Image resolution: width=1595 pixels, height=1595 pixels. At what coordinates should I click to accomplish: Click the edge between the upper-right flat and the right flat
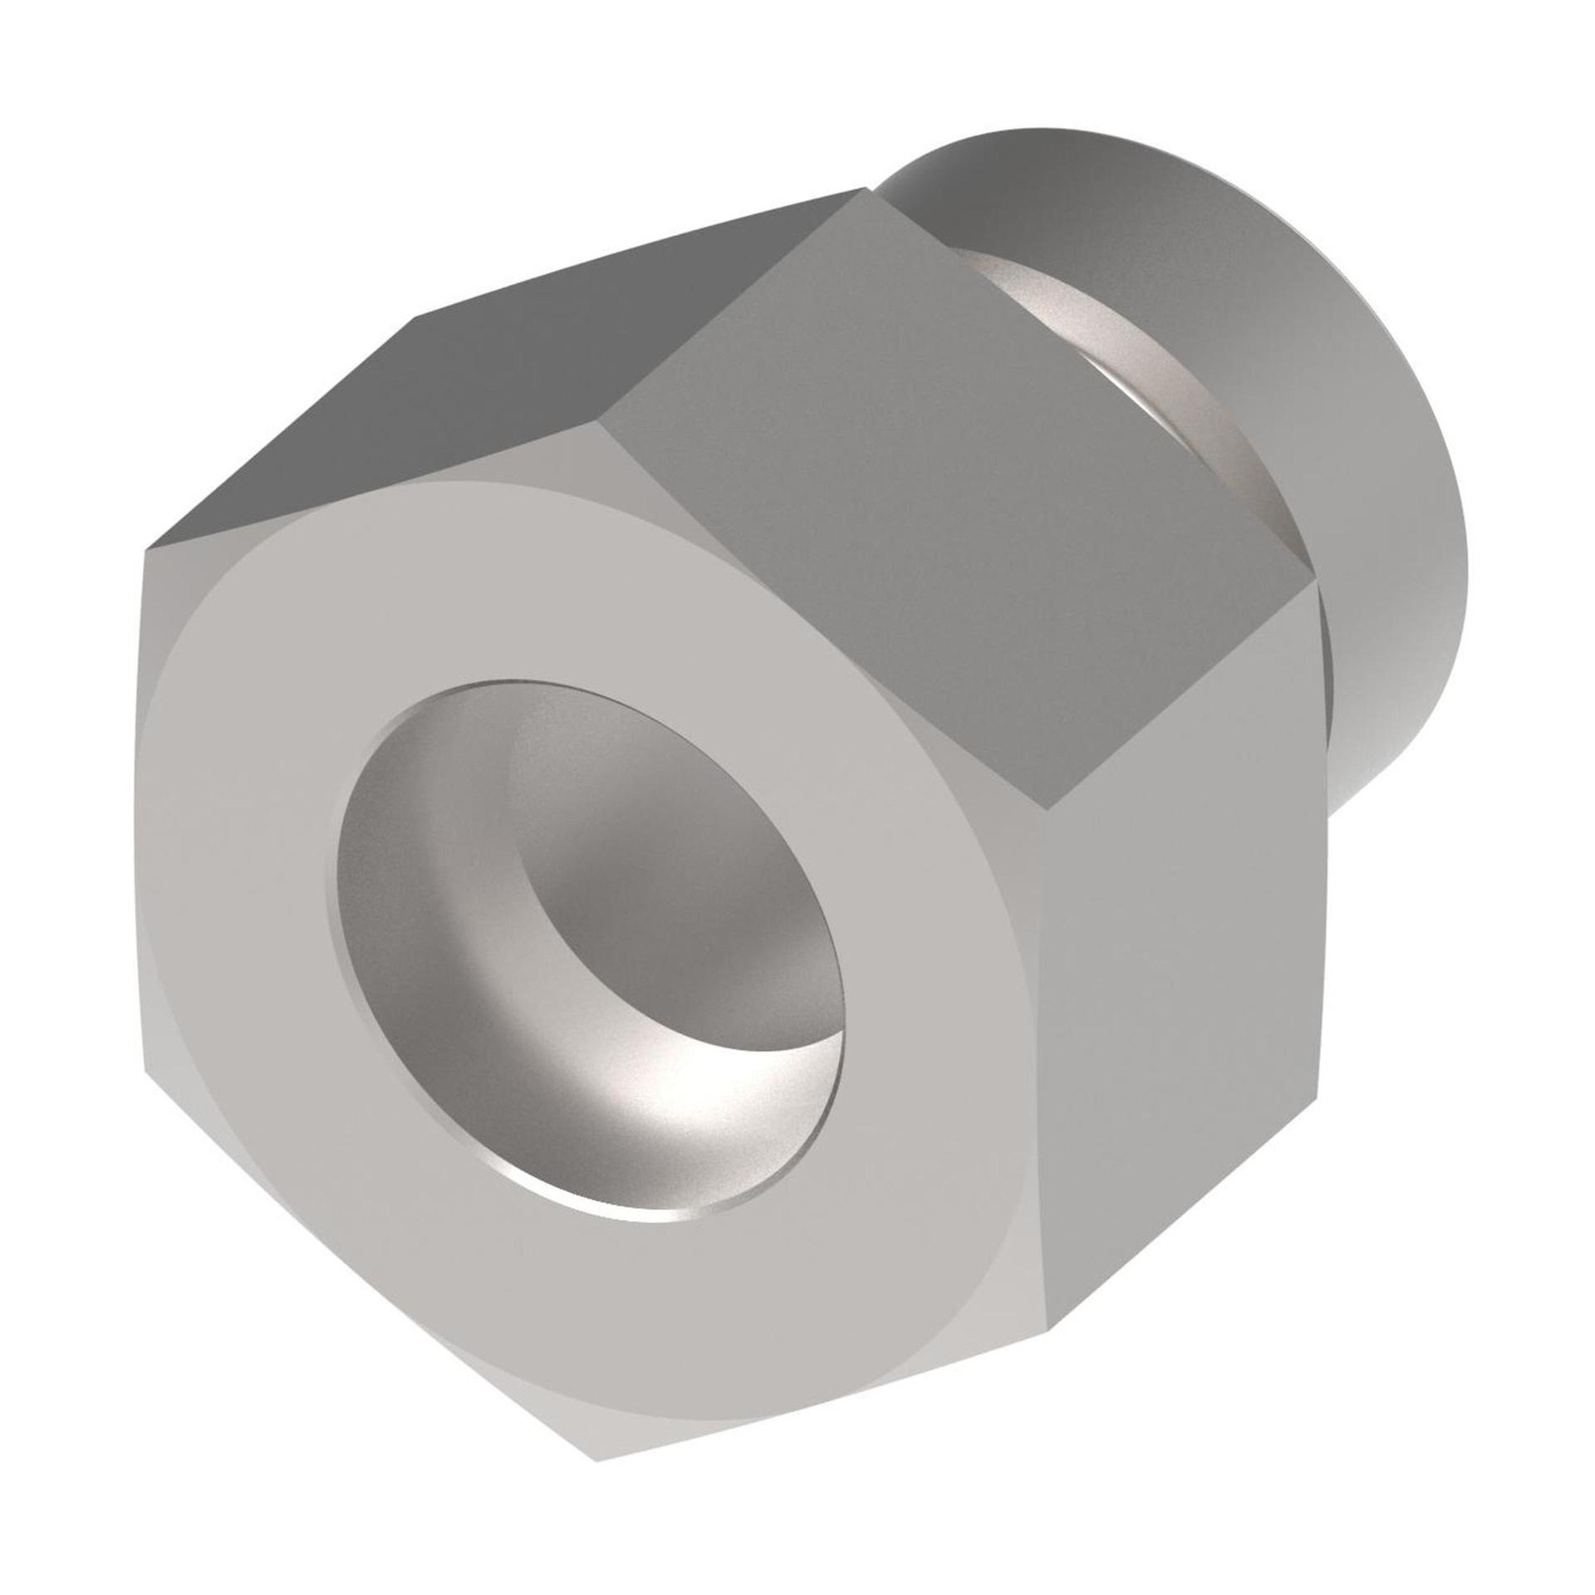[1180, 698]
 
